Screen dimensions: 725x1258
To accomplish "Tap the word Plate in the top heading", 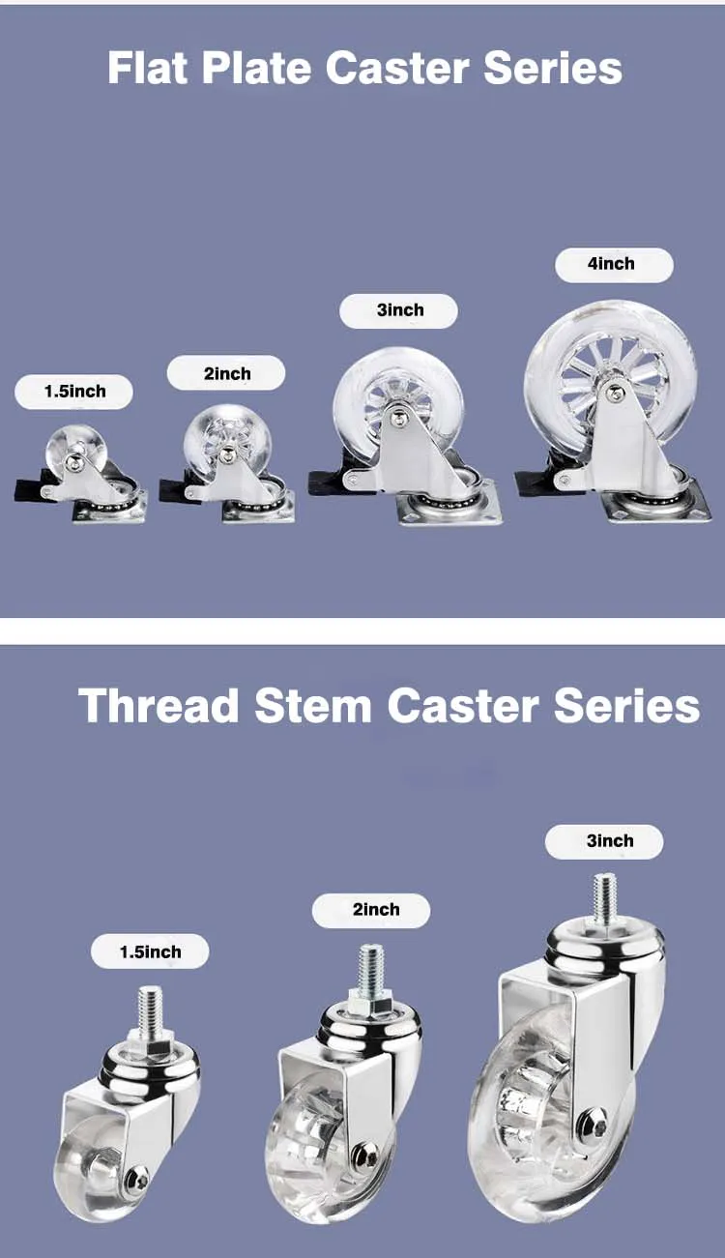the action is (267, 68).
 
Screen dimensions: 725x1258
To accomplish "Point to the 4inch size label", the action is (612, 264).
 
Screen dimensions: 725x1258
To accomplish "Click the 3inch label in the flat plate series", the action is (399, 310).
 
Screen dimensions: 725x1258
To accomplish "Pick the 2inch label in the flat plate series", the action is (227, 374).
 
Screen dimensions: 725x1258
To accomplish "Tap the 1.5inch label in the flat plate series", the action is (74, 392).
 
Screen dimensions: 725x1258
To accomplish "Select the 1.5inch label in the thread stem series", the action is (150, 952).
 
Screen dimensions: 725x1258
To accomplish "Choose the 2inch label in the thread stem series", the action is (375, 910).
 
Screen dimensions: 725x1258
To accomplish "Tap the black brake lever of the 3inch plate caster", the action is (327, 481).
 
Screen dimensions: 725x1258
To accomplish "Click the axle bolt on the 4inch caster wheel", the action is (614, 392).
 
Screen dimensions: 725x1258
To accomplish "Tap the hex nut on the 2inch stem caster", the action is (370, 1005).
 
